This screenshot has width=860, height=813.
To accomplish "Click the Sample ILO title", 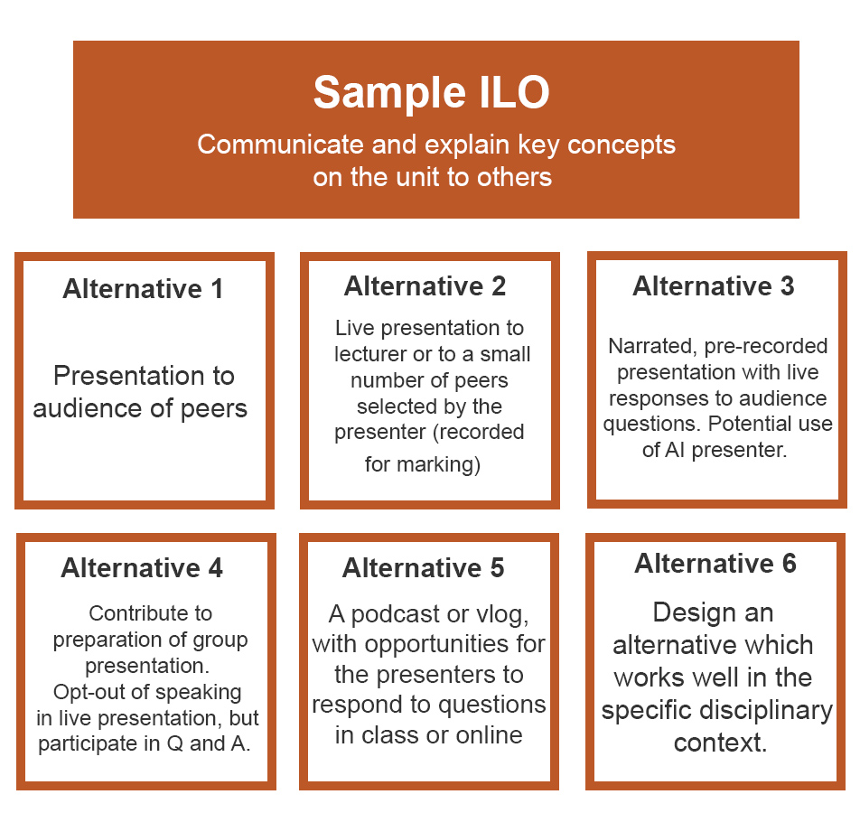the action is click(x=431, y=93).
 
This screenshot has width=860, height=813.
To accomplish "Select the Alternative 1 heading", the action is click(x=143, y=288).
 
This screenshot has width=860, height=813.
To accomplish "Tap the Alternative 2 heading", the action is click(x=425, y=285).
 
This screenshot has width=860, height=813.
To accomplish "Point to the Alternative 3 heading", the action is click(x=714, y=285).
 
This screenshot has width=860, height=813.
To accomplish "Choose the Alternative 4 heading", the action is click(x=142, y=567).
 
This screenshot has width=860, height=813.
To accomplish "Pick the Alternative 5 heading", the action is click(x=424, y=567).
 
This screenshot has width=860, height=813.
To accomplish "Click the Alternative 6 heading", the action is click(x=715, y=563).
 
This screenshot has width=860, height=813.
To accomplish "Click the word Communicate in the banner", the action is click(x=281, y=145).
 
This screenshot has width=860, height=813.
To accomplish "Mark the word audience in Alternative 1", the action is click(x=88, y=408).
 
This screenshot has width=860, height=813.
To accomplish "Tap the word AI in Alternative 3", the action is click(x=675, y=451).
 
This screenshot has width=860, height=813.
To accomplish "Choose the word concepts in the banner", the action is click(x=622, y=145).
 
